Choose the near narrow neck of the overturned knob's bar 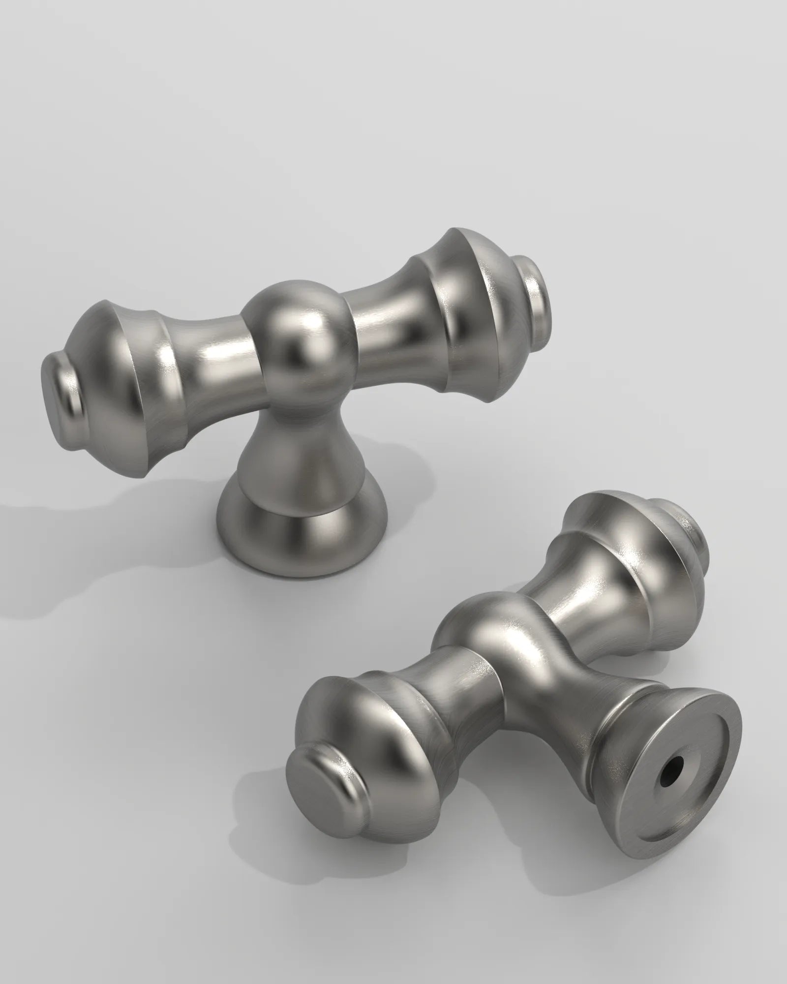coord(453,689)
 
